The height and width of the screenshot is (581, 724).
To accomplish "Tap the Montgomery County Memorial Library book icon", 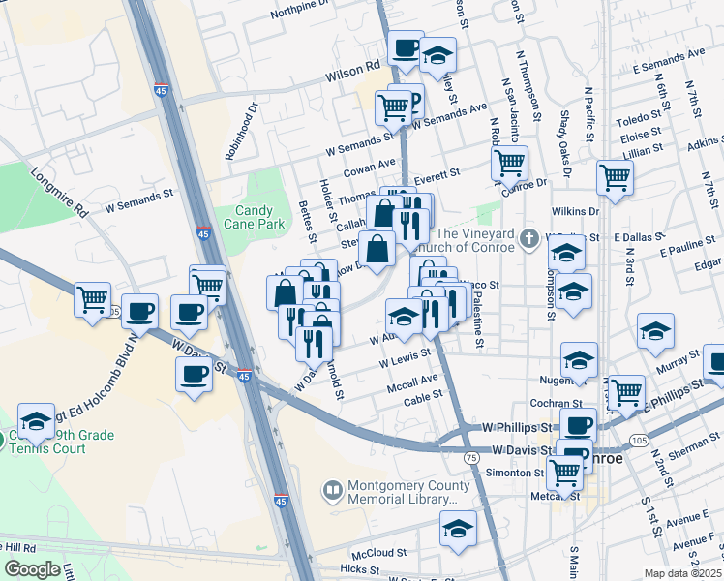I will click(x=332, y=492).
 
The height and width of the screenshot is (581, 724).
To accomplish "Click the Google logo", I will click(x=33, y=569).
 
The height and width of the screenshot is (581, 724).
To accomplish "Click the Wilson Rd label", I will click(x=359, y=70).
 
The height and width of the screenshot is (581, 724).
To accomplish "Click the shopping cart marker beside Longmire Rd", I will click(x=92, y=299).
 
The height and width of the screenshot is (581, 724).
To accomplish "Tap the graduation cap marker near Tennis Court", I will click(x=36, y=421).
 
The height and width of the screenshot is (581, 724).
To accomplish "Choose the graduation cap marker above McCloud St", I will click(x=458, y=528).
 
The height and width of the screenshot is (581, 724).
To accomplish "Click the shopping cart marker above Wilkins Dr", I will click(x=616, y=178).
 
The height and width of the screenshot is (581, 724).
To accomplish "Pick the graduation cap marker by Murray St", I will click(x=655, y=331).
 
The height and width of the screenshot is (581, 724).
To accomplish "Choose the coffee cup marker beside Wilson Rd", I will click(x=405, y=47).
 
